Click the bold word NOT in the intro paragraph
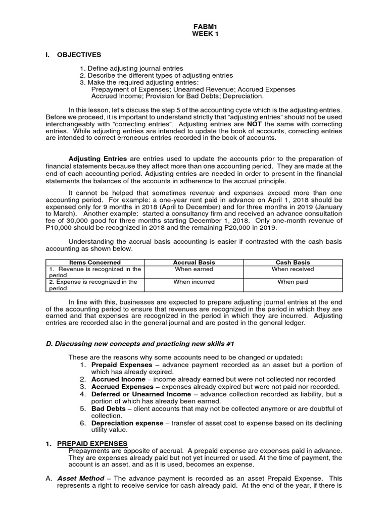tap(254, 124)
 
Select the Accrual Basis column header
tap(193, 263)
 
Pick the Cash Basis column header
tap(293, 263)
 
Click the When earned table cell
tap(193, 270)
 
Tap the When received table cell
tap(293, 270)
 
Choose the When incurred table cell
tap(193, 282)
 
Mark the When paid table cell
tap(293, 282)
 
